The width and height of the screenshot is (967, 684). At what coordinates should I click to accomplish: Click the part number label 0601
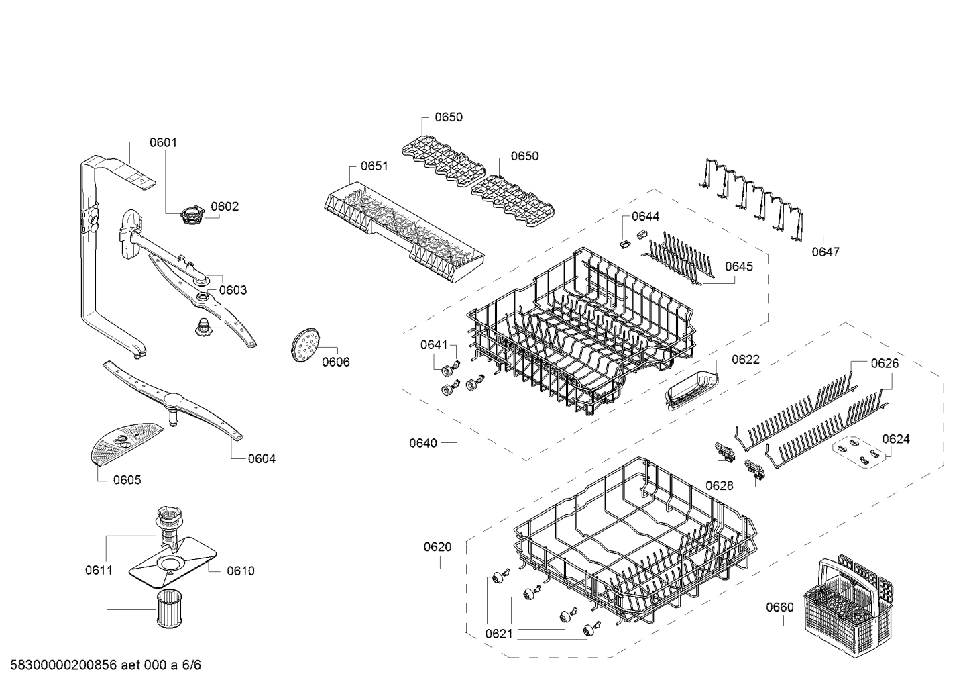163,142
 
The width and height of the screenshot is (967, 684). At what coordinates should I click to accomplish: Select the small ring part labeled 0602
192,215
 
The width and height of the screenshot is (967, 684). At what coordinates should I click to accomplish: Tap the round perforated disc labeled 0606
304,345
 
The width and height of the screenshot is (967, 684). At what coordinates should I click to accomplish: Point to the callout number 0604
262,459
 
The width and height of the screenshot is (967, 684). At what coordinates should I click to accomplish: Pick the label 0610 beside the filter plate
241,571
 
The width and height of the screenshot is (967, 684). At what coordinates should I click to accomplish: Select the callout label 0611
99,571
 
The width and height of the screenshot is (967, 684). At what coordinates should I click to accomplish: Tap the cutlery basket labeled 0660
848,604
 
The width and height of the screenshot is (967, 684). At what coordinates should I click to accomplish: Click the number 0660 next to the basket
780,607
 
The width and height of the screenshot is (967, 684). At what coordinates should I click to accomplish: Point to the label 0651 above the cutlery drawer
374,166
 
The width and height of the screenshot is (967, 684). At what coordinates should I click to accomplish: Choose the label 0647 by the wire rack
826,252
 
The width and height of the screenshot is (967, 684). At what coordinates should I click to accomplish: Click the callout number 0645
739,266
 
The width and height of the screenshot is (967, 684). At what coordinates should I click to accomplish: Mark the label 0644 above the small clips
645,217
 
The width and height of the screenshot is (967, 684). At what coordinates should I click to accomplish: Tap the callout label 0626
885,363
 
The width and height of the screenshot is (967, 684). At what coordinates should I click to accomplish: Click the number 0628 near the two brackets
720,486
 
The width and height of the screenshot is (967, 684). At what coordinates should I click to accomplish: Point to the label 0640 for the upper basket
423,443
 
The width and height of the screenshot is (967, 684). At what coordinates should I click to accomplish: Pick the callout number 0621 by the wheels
499,634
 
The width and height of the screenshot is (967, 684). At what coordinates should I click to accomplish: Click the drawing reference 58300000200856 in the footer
64,665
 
